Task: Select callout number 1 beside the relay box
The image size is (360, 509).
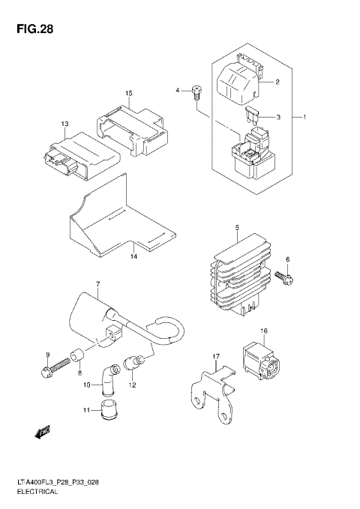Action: click(305, 118)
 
